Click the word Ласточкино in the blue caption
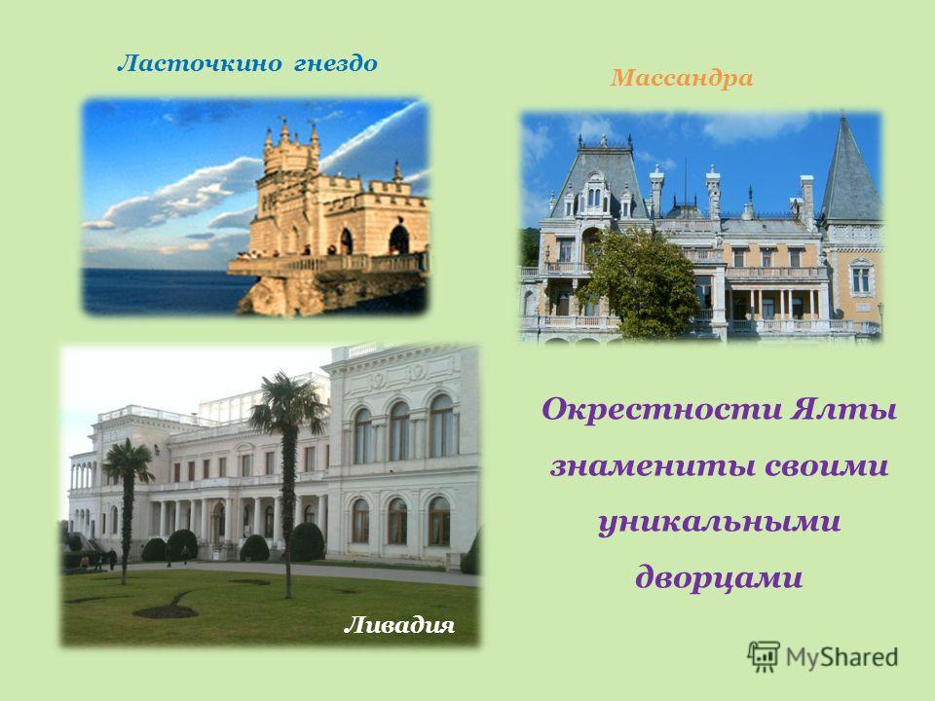[199, 63]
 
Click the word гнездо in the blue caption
[336, 64]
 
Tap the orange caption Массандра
[682, 78]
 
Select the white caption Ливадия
[399, 625]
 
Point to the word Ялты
[843, 411]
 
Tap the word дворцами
[719, 577]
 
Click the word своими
[827, 466]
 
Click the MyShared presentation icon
[764, 656]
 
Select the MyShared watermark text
[841, 657]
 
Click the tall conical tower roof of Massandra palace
[849, 169]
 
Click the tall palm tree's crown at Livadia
[288, 402]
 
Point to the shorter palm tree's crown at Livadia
[129, 461]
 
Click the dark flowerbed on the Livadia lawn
[166, 611]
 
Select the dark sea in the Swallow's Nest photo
[161, 291]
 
